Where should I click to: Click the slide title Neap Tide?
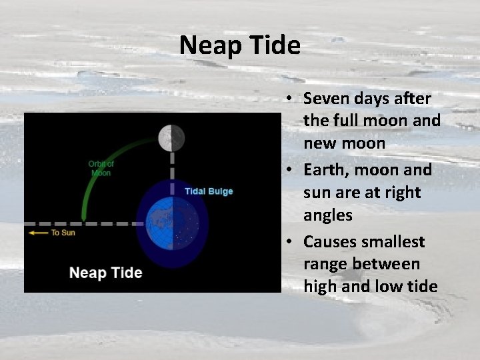click(x=240, y=46)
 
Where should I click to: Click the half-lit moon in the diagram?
click(x=171, y=138)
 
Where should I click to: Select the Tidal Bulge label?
click(x=209, y=191)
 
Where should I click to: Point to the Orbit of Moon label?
click(x=101, y=168)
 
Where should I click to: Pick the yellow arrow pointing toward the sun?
click(x=39, y=233)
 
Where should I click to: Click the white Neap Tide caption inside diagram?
click(x=105, y=273)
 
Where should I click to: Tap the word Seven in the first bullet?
click(x=324, y=99)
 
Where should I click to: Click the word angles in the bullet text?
click(x=328, y=216)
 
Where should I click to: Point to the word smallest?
click(x=391, y=241)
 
